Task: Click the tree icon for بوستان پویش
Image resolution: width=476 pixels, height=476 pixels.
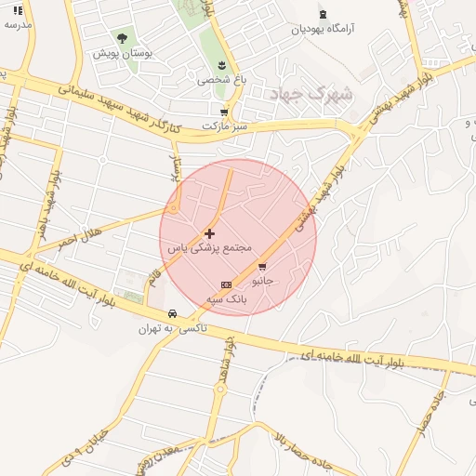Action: tap(122, 38)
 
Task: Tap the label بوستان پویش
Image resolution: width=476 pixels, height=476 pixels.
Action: tap(122, 54)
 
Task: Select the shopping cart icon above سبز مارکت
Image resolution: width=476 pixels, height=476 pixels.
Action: tap(224, 111)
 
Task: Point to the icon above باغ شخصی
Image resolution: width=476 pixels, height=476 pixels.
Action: tap(221, 65)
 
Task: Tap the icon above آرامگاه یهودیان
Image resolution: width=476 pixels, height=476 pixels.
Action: tap(323, 14)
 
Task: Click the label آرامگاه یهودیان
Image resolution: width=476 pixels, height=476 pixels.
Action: tap(324, 29)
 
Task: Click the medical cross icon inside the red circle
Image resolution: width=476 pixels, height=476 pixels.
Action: tap(209, 233)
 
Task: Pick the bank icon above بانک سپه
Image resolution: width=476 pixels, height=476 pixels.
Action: tap(225, 284)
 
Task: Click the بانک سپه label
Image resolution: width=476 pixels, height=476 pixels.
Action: tap(225, 299)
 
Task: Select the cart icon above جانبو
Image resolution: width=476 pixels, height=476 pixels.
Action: tap(262, 266)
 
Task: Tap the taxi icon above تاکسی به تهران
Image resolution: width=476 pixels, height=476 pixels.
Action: tap(173, 314)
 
